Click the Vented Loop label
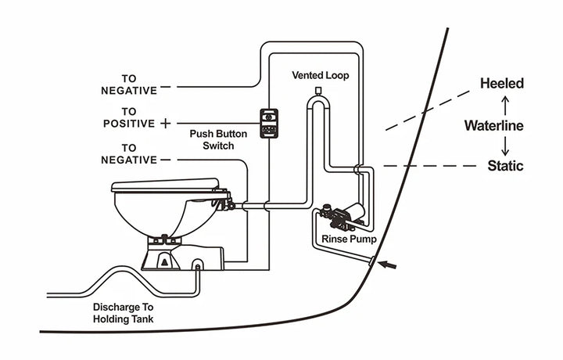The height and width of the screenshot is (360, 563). point(321,76)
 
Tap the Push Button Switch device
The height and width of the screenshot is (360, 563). point(271,121)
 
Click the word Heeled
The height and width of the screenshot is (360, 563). point(502,83)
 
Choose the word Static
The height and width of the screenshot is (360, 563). point(505,166)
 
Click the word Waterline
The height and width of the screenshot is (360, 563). point(493,125)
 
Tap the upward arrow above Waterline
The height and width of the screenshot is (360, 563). point(505,103)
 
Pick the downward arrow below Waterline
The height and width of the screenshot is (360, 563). point(505,146)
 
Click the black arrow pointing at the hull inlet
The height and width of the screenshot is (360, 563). point(388,265)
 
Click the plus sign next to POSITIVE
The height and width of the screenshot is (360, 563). point(165,124)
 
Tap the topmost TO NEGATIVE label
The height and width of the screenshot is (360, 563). point(129,85)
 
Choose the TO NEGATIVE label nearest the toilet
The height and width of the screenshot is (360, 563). point(129,153)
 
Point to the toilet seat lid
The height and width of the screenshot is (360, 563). point(165,185)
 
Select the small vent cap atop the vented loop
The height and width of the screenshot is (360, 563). point(319,92)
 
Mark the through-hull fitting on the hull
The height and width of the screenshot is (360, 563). point(373,259)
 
